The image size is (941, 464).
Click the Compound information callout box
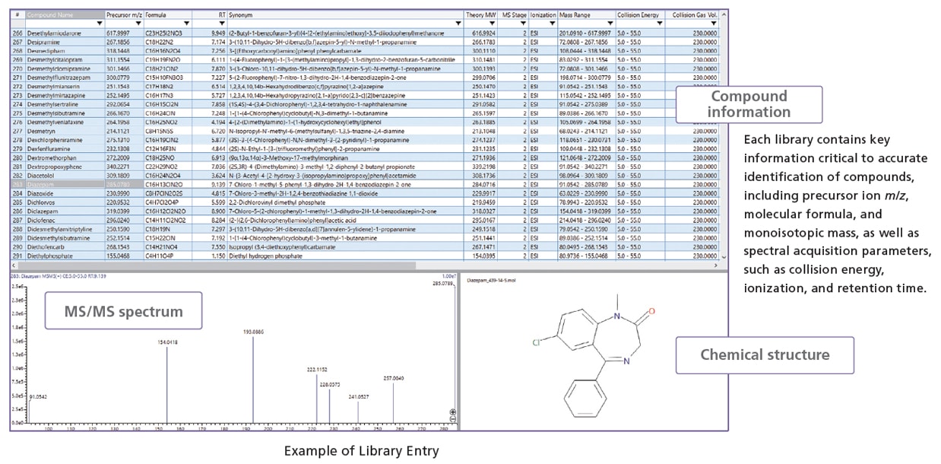(749, 104)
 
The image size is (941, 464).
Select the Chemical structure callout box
(765, 354)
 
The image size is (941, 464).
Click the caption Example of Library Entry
(362, 451)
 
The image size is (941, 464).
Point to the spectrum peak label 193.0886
(252, 332)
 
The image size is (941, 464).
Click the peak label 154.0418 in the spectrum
(167, 342)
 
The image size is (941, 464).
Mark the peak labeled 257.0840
(393, 378)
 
